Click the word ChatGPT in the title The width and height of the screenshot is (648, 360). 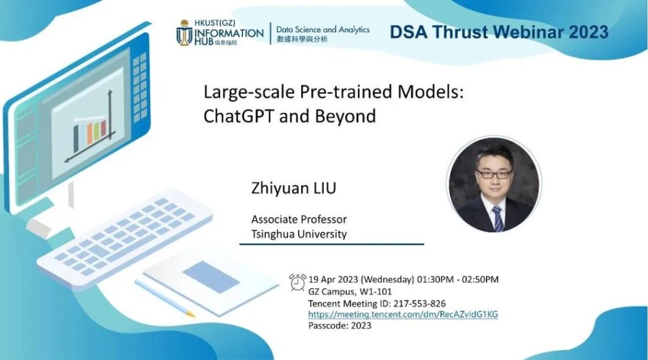(238, 116)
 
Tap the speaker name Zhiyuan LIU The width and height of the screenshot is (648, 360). (294, 188)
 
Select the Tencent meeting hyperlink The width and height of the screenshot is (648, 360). (403, 314)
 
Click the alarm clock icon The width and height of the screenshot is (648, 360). (297, 282)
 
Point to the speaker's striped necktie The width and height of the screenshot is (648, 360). (498, 218)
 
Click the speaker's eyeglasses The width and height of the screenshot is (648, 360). (494, 174)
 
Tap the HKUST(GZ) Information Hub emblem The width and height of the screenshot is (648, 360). (184, 32)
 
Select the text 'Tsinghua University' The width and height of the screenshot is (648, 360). (299, 234)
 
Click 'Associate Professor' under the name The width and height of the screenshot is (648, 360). (299, 219)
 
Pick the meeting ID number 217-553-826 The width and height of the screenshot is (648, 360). (420, 304)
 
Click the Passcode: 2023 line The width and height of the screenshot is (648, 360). (340, 325)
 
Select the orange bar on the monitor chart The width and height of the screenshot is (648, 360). (89, 133)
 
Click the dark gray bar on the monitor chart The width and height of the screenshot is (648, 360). (76, 139)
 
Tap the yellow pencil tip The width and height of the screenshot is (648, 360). (190, 314)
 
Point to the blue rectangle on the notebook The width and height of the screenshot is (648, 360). (211, 276)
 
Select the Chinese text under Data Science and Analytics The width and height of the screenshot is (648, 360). (302, 39)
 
